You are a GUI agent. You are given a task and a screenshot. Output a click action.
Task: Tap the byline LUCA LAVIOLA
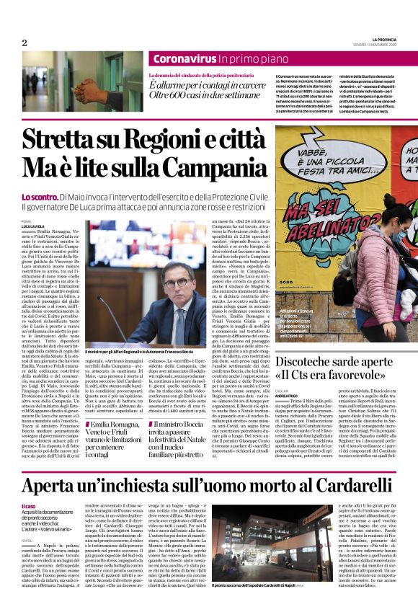[x=32, y=226]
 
